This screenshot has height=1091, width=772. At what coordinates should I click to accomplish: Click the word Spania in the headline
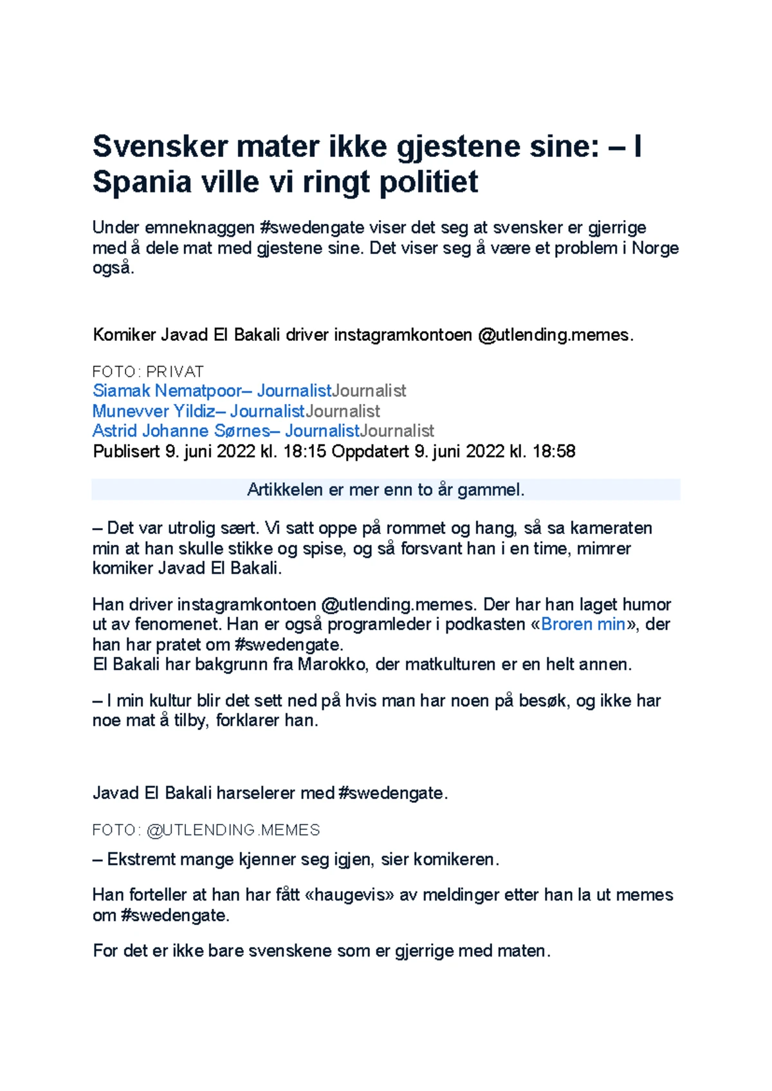pyautogui.click(x=142, y=182)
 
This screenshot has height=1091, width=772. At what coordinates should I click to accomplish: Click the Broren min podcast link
pyautogui.click(x=583, y=624)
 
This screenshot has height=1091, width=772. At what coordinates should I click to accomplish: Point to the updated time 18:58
pyautogui.click(x=554, y=451)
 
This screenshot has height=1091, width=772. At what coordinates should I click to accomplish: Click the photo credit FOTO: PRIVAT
pyautogui.click(x=148, y=372)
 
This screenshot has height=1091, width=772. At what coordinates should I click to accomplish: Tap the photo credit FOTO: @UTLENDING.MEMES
pyautogui.click(x=206, y=830)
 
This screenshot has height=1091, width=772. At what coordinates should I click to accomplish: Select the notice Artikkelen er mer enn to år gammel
pyautogui.click(x=385, y=490)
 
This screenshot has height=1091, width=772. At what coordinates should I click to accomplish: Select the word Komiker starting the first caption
pyautogui.click(x=124, y=335)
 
